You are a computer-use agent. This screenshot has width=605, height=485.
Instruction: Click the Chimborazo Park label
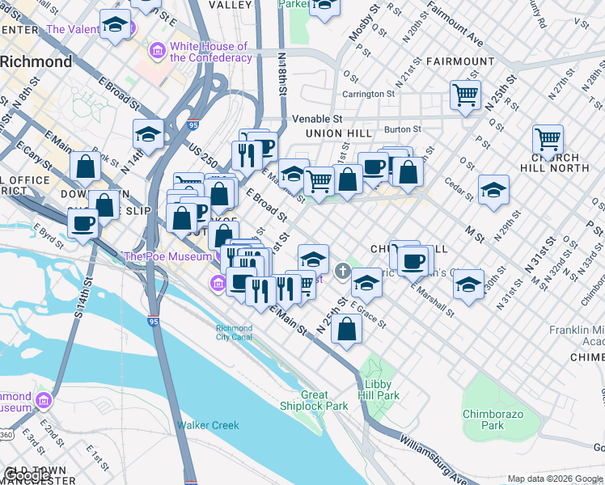[493, 420]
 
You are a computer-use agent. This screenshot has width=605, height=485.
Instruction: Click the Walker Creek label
[208, 425]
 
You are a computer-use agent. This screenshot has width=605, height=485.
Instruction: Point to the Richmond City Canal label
[235, 333]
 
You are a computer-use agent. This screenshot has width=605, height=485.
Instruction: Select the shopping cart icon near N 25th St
[466, 95]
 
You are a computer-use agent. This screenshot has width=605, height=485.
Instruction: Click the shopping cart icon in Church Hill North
[548, 140]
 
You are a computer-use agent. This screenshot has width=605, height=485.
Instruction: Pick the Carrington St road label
[367, 94]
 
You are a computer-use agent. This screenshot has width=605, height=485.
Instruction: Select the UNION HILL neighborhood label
[339, 133]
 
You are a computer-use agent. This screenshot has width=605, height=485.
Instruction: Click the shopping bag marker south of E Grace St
[346, 330]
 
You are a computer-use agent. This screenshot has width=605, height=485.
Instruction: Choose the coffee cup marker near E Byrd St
[82, 223]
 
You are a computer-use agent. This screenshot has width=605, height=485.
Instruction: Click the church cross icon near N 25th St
[343, 271]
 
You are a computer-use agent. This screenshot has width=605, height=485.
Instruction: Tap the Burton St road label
[402, 129]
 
